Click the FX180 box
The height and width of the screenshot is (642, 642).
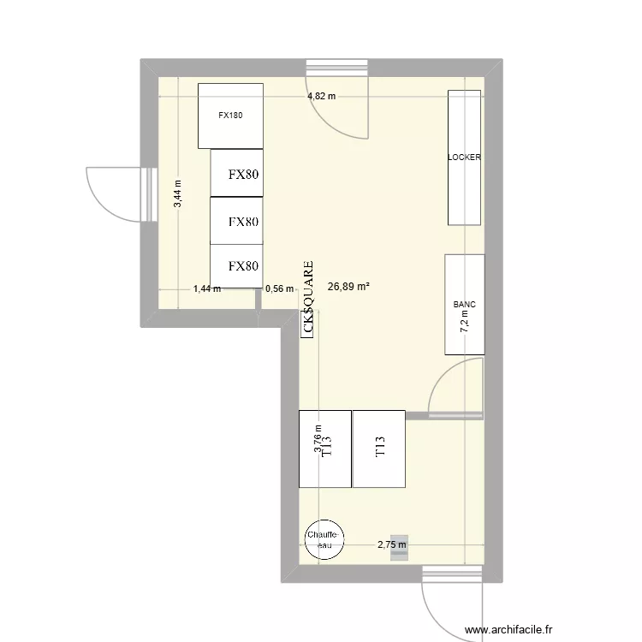click(229, 115)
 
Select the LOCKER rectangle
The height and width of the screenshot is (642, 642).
click(464, 158)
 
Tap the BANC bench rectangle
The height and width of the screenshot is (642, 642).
click(464, 304)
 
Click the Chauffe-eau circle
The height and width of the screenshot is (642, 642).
click(324, 539)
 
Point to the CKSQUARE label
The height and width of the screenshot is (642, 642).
click(308, 299)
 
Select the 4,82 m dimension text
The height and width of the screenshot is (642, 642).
click(322, 97)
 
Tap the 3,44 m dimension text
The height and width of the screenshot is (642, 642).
click(178, 194)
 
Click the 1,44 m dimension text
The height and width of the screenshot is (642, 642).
click(206, 288)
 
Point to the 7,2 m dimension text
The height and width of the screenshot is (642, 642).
click(465, 321)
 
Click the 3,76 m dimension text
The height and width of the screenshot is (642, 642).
click(318, 438)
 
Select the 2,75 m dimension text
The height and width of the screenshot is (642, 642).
click(392, 544)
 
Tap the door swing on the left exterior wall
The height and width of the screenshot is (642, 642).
click(112, 193)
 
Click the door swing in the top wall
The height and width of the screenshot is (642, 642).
click(342, 107)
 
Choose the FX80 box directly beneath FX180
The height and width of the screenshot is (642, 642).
click(237, 175)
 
